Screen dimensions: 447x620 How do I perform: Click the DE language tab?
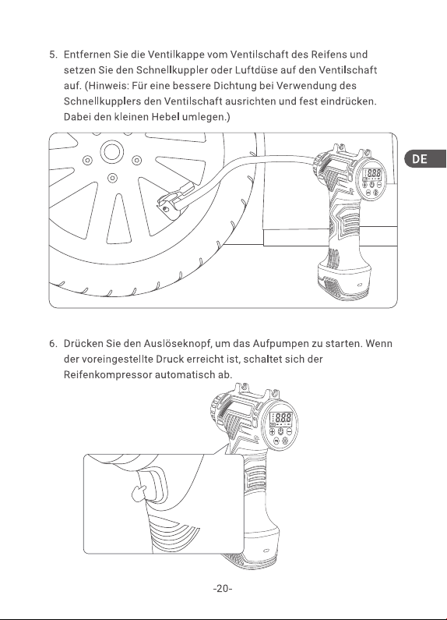[426, 158]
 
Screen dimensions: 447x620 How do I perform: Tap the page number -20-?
[223, 588]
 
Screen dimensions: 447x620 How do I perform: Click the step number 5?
[53, 54]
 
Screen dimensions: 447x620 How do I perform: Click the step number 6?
[53, 344]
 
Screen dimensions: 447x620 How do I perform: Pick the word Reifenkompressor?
[107, 375]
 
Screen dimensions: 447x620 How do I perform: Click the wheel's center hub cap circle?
[112, 152]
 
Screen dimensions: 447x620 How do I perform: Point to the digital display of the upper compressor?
[372, 174]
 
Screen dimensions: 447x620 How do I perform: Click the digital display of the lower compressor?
[281, 418]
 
